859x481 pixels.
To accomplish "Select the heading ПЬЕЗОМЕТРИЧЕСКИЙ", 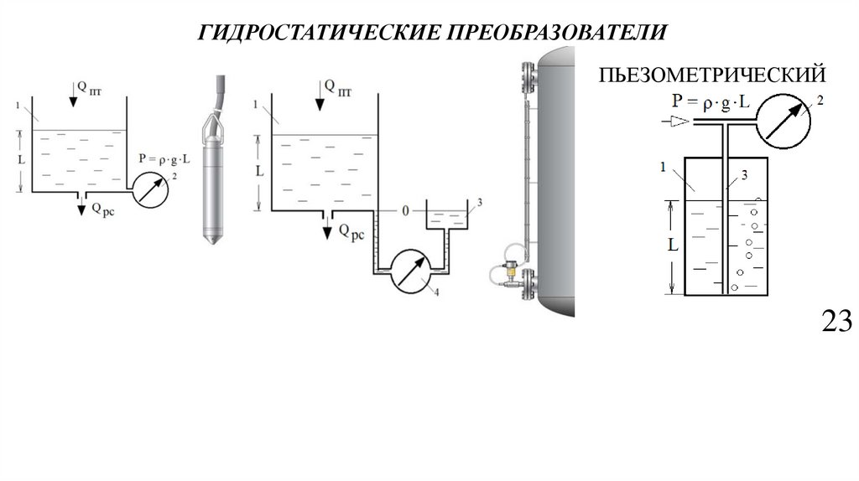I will [712, 76].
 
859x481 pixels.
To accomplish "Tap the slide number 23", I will [836, 321].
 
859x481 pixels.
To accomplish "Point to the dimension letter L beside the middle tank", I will [260, 170].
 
